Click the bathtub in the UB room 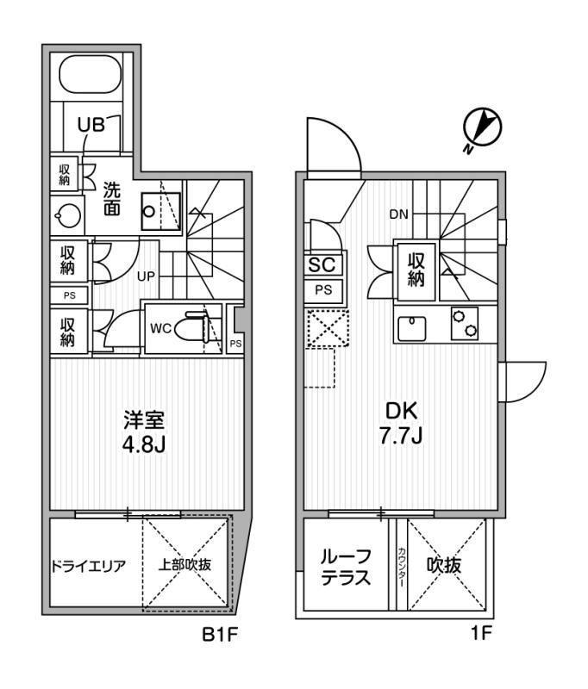click(x=91, y=75)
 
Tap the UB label click(x=91, y=125)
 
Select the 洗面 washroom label click(x=112, y=199)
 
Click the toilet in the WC click(x=193, y=327)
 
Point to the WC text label click(x=160, y=328)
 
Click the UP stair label click(x=146, y=276)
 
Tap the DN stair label click(x=399, y=214)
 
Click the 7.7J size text click(x=401, y=436)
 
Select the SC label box click(x=322, y=264)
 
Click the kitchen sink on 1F click(x=412, y=328)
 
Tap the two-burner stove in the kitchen click(x=465, y=323)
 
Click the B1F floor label click(x=220, y=634)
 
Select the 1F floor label click(x=481, y=633)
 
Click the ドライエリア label click(x=89, y=566)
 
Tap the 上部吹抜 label click(x=185, y=565)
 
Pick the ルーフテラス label click(x=346, y=568)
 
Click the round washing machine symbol click(x=67, y=216)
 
